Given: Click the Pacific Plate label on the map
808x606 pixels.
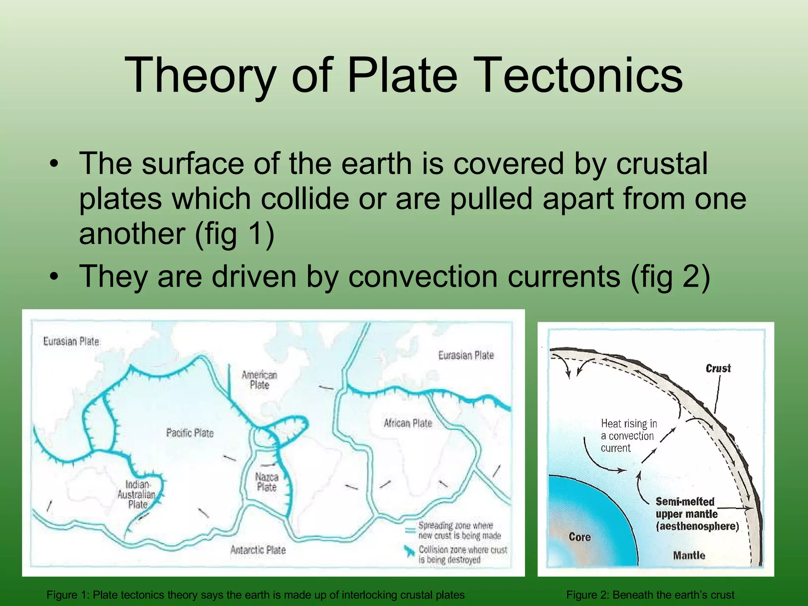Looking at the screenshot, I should coord(190,433).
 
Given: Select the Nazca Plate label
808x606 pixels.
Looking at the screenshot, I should coord(267,482).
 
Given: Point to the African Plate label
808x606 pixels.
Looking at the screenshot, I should coord(408,423).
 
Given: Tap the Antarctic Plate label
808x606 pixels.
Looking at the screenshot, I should coord(258,550).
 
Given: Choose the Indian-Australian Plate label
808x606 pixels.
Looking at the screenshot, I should coord(137,494).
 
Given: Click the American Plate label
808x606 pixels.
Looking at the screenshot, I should coord(260,380).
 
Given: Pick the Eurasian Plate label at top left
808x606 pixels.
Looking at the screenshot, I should coord(71,341).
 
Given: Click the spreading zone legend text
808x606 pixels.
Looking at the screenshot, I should coord(459,530).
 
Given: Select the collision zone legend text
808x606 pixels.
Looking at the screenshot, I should coord(462,554).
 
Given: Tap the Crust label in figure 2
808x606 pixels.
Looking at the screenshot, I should coord(718,368).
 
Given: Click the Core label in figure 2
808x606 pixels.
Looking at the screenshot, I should coord(580,537).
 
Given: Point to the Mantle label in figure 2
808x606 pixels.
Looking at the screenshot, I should coord(689,555).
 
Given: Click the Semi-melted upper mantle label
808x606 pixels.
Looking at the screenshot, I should coord(697,514).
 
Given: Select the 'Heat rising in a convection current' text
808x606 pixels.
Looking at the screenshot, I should coord(628,436).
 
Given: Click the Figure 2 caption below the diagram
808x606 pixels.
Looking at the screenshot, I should coord(650,595).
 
